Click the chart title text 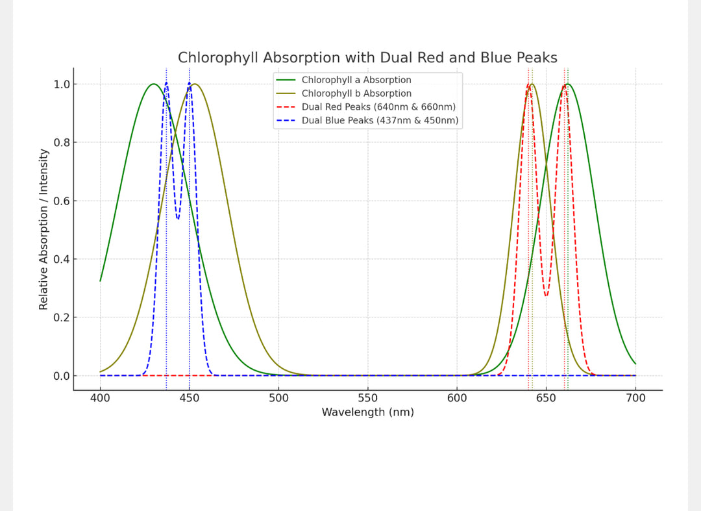[367, 58]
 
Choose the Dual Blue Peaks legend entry [380, 120]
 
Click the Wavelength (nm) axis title [367, 412]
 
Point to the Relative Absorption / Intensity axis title [43, 229]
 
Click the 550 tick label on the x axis [367, 398]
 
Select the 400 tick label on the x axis [100, 398]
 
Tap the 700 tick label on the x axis [635, 398]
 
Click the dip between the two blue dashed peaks [178, 219]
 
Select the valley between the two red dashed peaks [547, 296]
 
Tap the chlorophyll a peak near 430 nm [153, 84]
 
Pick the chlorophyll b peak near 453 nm [195, 84]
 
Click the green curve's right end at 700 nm [635, 364]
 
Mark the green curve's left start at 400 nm [100, 280]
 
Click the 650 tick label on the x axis [546, 398]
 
